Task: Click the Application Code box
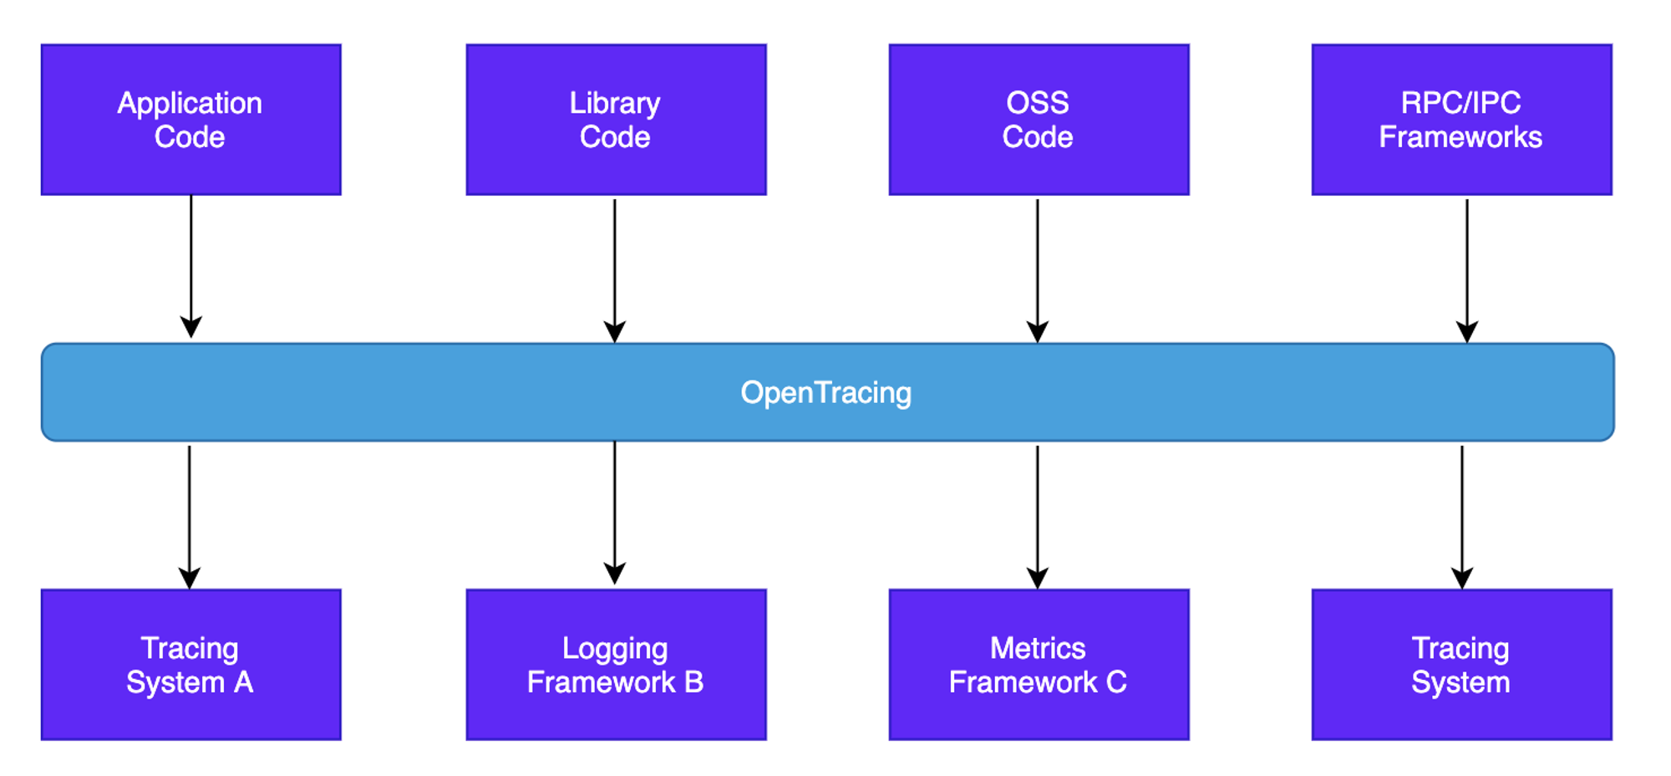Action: pyautogui.click(x=191, y=120)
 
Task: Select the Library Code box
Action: pyautogui.click(x=616, y=120)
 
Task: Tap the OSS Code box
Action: pyautogui.click(x=1039, y=120)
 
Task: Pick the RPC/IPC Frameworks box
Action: pyautogui.click(x=1461, y=120)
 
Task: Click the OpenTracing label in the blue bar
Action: pyautogui.click(x=825, y=393)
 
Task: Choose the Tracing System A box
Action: pyautogui.click(x=191, y=665)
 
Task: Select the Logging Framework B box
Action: pyautogui.click(x=616, y=665)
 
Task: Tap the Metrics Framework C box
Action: pyautogui.click(x=1039, y=665)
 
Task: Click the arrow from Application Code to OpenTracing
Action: pyautogui.click(x=191, y=267)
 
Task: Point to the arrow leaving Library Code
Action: pyautogui.click(x=615, y=271)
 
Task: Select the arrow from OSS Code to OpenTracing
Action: pyautogui.click(x=1038, y=271)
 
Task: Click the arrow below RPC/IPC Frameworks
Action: pyautogui.click(x=1467, y=271)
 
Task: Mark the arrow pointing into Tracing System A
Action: pyautogui.click(x=190, y=518)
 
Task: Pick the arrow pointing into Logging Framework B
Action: pyautogui.click(x=615, y=513)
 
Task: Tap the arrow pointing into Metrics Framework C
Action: pyautogui.click(x=1038, y=518)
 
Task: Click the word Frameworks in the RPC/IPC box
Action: pyautogui.click(x=1460, y=137)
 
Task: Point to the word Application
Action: pyautogui.click(x=190, y=104)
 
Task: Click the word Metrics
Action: pyautogui.click(x=1038, y=648)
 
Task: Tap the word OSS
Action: pyautogui.click(x=1038, y=103)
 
